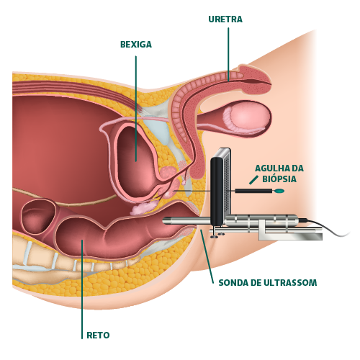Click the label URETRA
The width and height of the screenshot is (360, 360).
tap(225, 19)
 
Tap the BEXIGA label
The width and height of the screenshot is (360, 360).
tap(136, 45)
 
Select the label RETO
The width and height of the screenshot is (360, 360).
tap(98, 335)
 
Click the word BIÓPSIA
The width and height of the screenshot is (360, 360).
tap(279, 179)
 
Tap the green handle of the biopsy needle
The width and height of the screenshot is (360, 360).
tap(279, 191)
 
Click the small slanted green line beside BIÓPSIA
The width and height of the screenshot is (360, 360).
tap(254, 180)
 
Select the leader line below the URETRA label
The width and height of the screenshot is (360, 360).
tap(228, 55)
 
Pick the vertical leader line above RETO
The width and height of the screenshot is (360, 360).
tap(82, 289)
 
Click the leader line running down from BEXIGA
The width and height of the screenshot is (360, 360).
tap(136, 109)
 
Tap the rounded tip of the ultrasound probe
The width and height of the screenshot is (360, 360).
tap(165, 220)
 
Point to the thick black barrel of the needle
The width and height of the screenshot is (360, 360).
tap(253, 191)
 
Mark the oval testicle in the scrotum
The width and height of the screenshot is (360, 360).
tap(247, 118)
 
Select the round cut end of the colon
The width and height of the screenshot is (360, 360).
tap(38, 216)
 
